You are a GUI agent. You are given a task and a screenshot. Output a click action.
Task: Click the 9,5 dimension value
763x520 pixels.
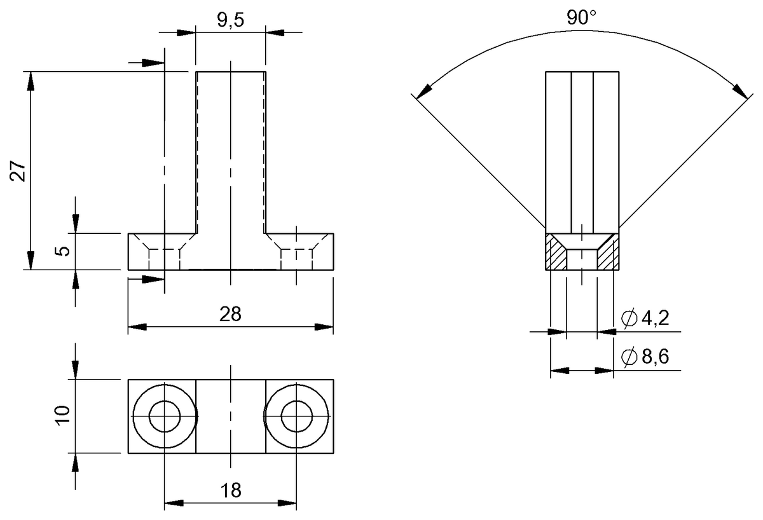coord(230,20)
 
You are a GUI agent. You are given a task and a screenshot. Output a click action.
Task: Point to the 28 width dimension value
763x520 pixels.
coord(230,315)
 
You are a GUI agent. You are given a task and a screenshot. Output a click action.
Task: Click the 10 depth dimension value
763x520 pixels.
coord(62,416)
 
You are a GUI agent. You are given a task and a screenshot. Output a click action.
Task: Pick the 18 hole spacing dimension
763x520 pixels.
coord(230,491)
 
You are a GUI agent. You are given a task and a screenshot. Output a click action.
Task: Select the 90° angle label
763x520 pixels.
coord(582,18)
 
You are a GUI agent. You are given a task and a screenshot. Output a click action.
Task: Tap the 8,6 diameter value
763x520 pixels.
coord(654,357)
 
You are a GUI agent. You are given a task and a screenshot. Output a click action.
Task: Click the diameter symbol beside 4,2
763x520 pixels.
coord(628,319)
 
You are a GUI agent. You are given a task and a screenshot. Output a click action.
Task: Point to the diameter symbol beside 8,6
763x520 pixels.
coord(628,357)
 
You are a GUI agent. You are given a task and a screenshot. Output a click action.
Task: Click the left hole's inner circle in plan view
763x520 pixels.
coord(165,416)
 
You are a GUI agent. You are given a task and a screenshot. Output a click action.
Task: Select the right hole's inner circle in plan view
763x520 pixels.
coord(296,416)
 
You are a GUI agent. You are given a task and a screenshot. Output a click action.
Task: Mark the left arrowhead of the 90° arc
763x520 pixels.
coord(421,91)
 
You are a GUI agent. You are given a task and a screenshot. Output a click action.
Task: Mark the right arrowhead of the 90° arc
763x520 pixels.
coord(741,91)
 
